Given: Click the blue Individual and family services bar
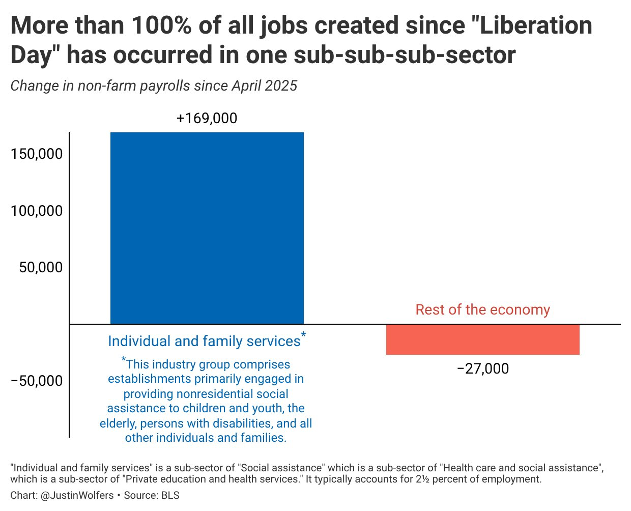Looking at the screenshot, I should [207, 228].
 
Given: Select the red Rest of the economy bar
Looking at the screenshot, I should [482, 339].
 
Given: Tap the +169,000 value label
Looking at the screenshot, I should [207, 118].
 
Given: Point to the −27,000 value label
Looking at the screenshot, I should [482, 368].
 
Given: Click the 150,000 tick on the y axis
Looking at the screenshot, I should [37, 154].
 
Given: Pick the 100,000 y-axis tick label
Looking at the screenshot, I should [37, 211].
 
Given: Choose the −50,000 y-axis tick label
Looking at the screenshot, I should [37, 381].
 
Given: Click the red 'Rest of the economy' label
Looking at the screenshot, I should [482, 309].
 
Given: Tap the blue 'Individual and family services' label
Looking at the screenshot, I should [204, 341].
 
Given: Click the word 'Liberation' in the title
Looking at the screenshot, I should [536, 25].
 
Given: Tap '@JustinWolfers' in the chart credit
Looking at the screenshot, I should [76, 495].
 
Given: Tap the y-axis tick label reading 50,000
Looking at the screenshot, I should [41, 267].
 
